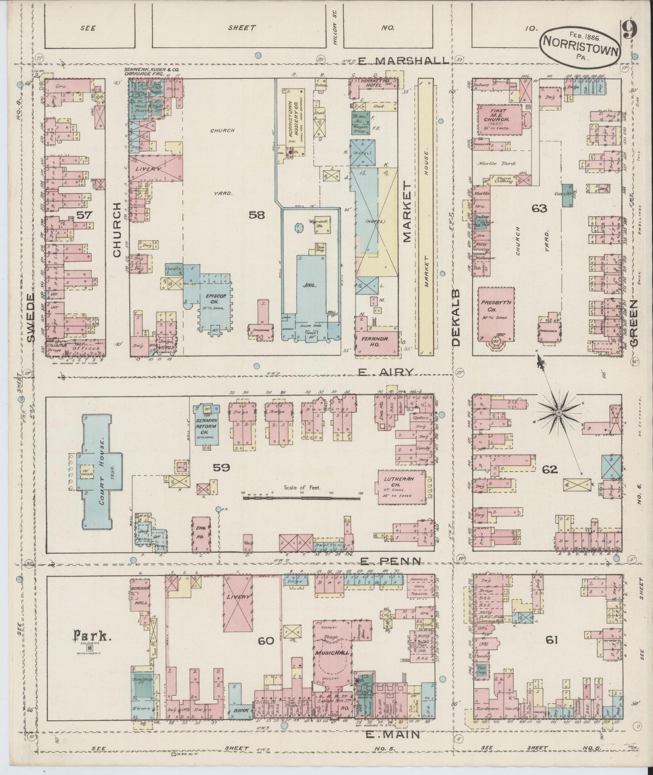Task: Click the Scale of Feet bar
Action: (301, 497)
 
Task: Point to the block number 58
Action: (256, 215)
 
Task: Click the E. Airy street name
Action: (386, 372)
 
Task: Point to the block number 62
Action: (550, 469)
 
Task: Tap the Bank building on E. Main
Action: (240, 723)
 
